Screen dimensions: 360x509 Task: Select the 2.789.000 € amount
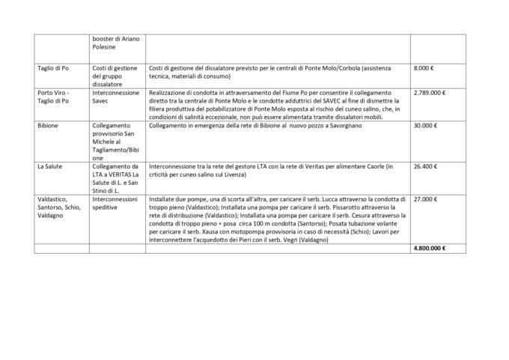tap(430, 94)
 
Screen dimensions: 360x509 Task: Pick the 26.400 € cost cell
tap(426, 166)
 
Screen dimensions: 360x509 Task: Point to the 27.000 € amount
tap(426, 200)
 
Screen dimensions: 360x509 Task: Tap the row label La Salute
tap(50, 166)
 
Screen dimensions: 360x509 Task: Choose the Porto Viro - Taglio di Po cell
tap(54, 97)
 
